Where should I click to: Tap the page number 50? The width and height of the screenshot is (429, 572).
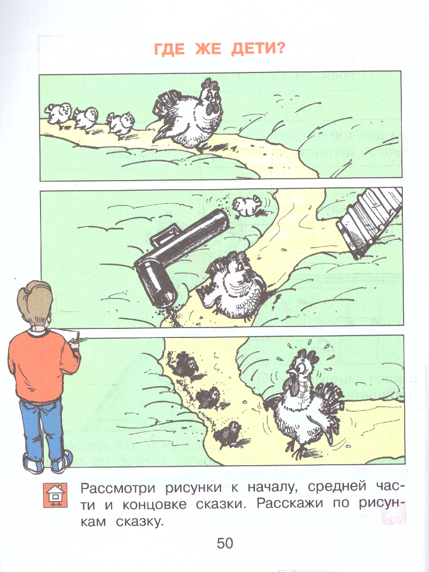225,543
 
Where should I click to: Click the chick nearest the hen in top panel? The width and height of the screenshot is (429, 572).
120,122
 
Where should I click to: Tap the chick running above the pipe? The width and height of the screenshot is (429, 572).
246,205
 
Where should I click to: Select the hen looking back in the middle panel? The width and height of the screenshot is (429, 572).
232,286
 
